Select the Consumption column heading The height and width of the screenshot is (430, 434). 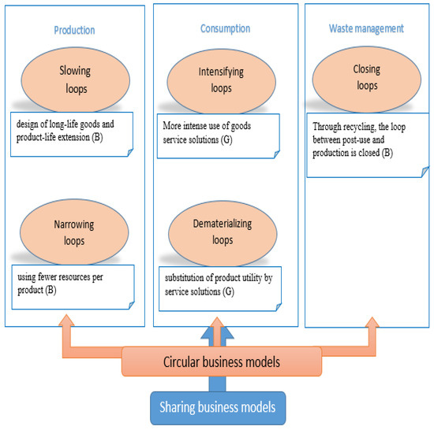point(225,28)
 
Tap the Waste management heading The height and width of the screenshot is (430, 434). point(365,28)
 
